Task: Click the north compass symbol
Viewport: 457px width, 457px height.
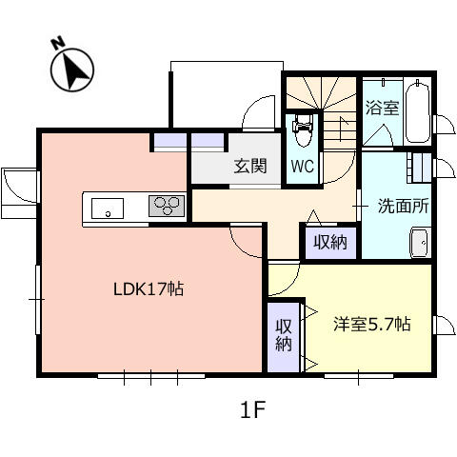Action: (72, 70)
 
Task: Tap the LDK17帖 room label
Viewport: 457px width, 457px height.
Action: (149, 289)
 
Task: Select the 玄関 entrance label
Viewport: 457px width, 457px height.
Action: (250, 166)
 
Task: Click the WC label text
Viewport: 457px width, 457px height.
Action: (302, 166)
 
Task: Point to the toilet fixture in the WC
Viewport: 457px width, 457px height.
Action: (303, 130)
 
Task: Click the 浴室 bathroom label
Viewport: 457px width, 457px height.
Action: (382, 108)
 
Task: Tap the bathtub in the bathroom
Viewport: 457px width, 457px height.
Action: (418, 111)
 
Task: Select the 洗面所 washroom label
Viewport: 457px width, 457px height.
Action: (403, 206)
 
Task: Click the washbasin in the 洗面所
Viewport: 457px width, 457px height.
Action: (421, 243)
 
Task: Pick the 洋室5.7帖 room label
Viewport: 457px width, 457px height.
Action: (372, 325)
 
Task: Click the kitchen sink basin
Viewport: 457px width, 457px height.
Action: (108, 209)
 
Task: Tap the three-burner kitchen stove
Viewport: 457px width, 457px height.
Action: (167, 206)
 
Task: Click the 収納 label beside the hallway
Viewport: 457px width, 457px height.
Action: (330, 243)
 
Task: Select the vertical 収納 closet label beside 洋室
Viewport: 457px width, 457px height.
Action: (284, 335)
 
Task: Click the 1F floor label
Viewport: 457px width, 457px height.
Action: (252, 409)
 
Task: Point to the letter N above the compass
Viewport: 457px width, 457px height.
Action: (58, 44)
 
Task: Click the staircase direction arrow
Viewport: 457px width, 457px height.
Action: (342, 129)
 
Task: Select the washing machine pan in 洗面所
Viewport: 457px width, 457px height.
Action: (419, 168)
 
